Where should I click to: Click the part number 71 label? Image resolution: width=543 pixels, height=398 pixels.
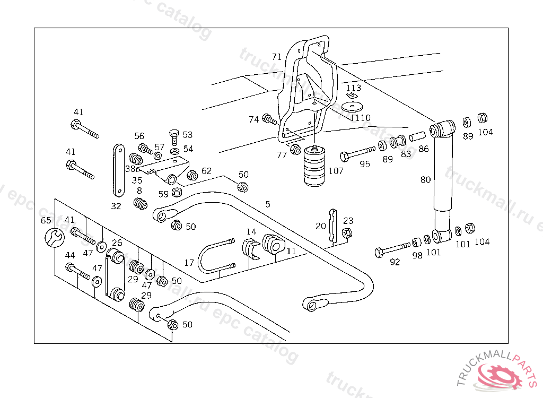tap(277, 57)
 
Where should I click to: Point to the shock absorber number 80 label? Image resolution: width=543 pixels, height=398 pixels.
tap(425, 180)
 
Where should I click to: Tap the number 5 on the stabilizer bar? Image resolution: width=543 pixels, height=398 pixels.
tap(268, 204)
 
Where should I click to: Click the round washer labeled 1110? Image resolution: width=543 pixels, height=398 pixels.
tap(352, 106)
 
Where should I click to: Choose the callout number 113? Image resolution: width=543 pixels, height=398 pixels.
tap(354, 88)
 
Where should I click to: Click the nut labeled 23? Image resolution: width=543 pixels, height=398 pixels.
tap(347, 232)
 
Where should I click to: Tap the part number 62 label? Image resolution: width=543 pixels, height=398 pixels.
tap(206, 171)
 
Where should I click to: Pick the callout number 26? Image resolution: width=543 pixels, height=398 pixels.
tap(117, 243)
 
